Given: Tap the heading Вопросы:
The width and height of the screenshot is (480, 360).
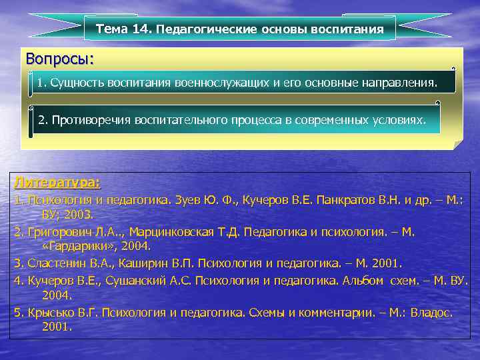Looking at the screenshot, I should tap(59, 59).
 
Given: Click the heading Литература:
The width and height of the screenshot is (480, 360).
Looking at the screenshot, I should tap(57, 182).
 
